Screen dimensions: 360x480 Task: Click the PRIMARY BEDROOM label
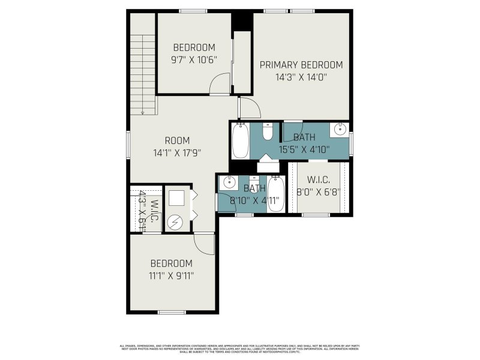point(301,65)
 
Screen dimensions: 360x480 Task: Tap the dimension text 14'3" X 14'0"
point(301,77)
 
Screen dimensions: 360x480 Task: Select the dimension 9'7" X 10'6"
point(194,59)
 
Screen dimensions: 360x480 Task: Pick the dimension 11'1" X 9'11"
point(171,275)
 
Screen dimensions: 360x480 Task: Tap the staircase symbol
point(143,66)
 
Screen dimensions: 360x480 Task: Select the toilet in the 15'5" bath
point(268,130)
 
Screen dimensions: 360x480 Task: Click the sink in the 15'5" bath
point(340,128)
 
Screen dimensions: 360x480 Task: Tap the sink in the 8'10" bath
point(229,182)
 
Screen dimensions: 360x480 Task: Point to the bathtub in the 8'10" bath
point(275,192)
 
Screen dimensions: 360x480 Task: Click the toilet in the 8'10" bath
point(254,182)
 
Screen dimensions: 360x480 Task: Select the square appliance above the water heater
point(177,199)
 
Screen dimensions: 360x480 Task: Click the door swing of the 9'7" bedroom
point(220,83)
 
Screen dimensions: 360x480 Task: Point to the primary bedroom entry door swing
point(249,108)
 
